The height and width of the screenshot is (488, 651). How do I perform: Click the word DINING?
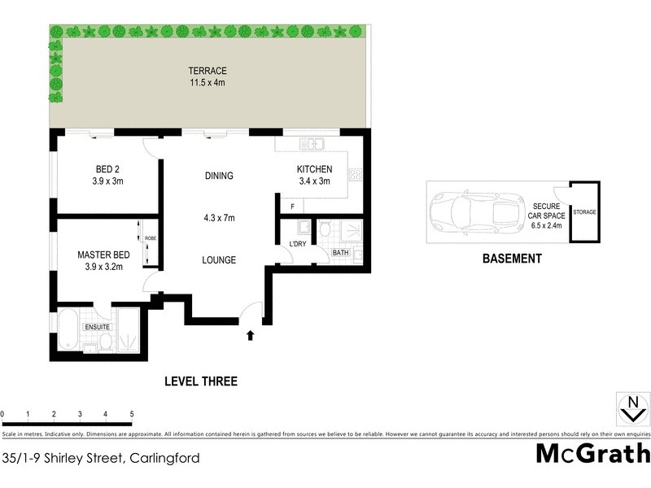click(219, 176)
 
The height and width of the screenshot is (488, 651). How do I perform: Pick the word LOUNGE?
click(219, 260)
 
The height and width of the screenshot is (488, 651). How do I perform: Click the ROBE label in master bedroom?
click(151, 238)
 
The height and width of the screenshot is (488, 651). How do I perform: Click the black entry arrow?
click(251, 333)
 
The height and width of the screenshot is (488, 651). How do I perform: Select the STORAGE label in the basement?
click(584, 211)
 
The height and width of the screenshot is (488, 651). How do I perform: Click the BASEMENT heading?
click(511, 259)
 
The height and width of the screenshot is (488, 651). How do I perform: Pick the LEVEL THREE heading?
click(200, 381)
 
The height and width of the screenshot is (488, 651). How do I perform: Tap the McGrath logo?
click(592, 454)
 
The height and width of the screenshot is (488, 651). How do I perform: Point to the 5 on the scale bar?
click(131, 416)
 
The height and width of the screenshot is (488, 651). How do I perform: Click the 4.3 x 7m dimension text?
click(219, 218)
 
